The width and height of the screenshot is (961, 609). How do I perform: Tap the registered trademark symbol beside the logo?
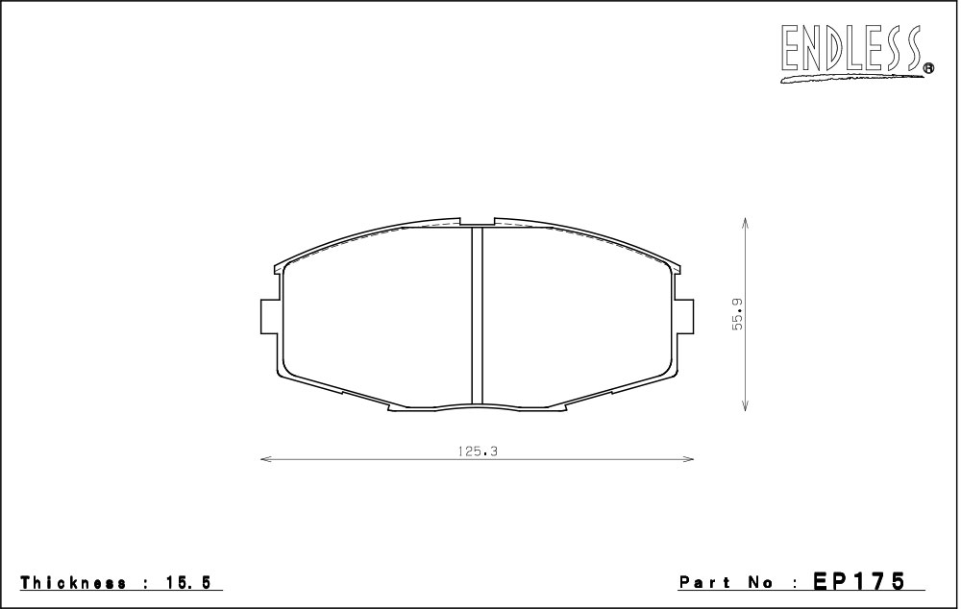(x=928, y=68)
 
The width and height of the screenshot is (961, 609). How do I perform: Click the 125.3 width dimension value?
(x=477, y=451)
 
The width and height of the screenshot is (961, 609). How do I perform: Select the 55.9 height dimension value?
(x=737, y=314)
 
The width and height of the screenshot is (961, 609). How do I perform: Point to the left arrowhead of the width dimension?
(x=266, y=458)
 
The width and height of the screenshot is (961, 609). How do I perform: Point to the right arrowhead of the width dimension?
(x=688, y=458)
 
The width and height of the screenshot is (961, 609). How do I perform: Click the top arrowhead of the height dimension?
(x=745, y=222)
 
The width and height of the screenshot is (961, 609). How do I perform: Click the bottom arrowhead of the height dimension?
(x=745, y=405)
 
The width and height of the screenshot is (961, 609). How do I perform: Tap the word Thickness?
(x=74, y=583)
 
